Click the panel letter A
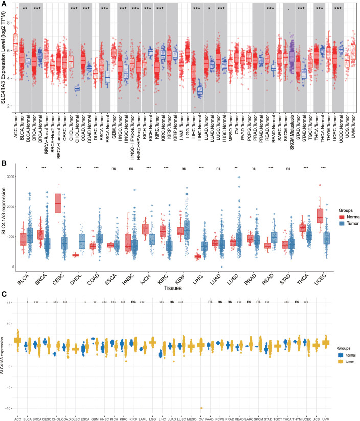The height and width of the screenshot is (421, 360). click(4, 4)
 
